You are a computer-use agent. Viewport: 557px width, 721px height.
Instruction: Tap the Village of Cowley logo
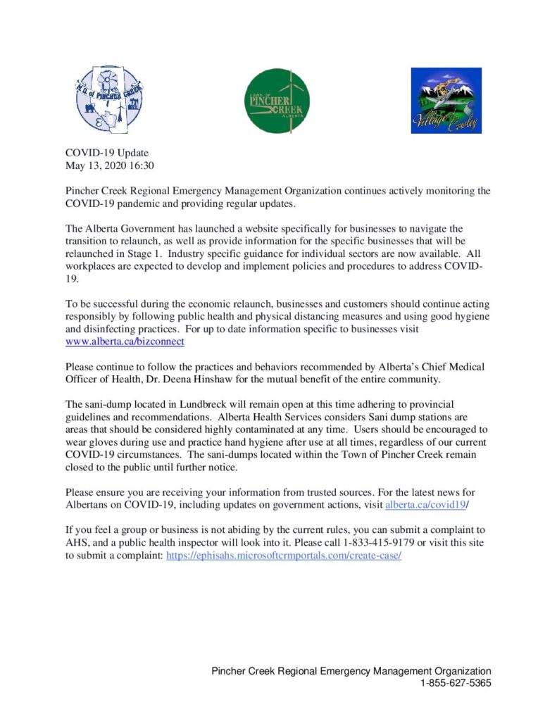pyautogui.click(x=446, y=101)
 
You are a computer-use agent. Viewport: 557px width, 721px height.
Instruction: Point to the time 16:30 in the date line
pyautogui.click(x=140, y=166)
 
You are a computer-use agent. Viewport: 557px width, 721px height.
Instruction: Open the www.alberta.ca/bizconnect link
pyautogui.click(x=125, y=341)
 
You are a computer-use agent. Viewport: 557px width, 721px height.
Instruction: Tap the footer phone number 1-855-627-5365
pyautogui.click(x=456, y=683)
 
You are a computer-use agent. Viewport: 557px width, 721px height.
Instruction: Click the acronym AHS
pyautogui.click(x=77, y=542)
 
